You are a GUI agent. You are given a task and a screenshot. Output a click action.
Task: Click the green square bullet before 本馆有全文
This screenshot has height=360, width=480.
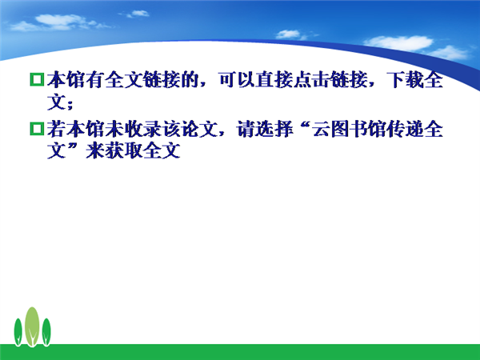pyautogui.click(x=37, y=79)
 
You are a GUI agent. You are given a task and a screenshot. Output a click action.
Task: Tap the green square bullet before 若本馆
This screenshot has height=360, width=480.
pyautogui.click(x=37, y=128)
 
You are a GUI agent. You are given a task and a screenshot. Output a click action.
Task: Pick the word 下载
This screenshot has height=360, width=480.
pyautogui.click(x=405, y=79)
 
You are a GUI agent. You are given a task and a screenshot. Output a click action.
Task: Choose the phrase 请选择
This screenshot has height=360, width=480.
pyautogui.click(x=265, y=129)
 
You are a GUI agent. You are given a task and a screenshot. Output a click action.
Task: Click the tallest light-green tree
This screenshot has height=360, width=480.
pyautogui.click(x=32, y=326)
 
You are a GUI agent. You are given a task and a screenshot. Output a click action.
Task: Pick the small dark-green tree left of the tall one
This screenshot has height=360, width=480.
pyautogui.click(x=18, y=332)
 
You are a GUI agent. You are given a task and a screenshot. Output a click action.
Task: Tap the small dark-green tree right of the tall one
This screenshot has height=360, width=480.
pyautogui.click(x=46, y=332)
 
